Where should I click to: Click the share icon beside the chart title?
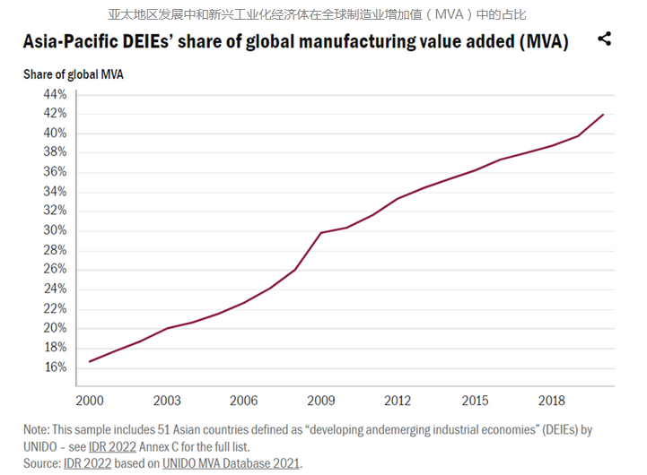tap(604, 39)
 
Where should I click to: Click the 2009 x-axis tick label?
tap(320, 399)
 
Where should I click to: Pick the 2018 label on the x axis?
tap(552, 399)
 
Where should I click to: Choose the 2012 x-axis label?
tap(398, 399)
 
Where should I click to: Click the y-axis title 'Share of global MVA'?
tap(74, 74)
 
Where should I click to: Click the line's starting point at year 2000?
tap(89, 361)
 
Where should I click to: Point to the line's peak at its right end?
tap(603, 115)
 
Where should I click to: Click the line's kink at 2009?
tap(320, 233)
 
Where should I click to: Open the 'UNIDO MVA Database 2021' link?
tap(232, 462)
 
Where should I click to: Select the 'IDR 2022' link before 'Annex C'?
tap(126, 446)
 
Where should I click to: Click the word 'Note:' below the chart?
tap(40, 430)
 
